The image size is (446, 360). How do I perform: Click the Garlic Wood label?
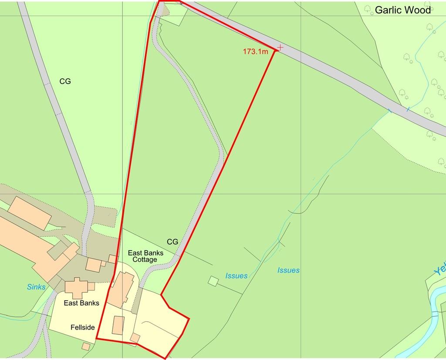[402, 10]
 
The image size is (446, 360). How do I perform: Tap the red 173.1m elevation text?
[255, 52]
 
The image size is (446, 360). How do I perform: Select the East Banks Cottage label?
[145, 256]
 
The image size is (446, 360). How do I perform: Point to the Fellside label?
[82, 327]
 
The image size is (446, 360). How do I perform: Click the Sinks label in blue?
[36, 287]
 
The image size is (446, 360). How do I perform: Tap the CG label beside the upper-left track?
[65, 81]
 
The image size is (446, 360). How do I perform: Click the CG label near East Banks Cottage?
[172, 242]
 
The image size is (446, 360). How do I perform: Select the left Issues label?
[237, 276]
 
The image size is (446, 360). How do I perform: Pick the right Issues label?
[288, 270]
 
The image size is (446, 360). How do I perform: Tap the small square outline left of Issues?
[213, 281]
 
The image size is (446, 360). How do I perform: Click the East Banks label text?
[81, 303]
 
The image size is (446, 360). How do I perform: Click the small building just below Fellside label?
[86, 346]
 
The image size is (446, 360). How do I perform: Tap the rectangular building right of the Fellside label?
[118, 326]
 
